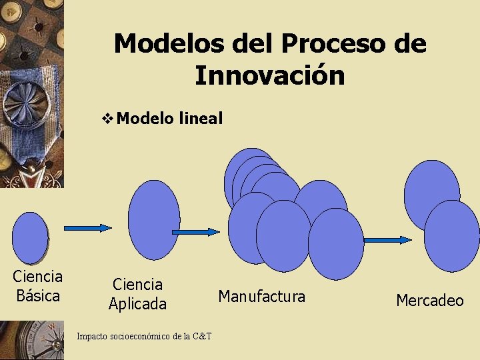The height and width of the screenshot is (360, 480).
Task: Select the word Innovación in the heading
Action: coord(270,75)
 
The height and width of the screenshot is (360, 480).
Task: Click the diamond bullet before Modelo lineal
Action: coord(109,119)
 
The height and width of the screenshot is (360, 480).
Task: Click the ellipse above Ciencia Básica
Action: coord(31,238)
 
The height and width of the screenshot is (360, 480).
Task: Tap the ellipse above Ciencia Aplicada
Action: coord(154,219)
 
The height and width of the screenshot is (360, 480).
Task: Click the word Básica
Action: coord(38,295)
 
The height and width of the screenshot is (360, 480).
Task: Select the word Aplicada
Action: coord(137,304)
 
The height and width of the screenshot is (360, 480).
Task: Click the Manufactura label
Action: coord(261,296)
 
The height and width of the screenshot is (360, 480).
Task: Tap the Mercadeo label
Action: coord(429,301)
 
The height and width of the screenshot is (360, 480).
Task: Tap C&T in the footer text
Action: coord(201,336)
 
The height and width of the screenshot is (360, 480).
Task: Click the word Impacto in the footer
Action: coord(91,336)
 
